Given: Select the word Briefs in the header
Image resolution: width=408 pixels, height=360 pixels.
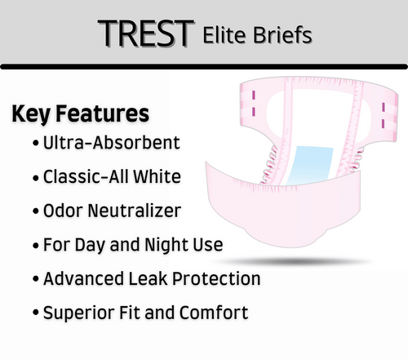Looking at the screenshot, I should coord(281,35).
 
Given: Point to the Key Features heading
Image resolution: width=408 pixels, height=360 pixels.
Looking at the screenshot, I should coord(80,113).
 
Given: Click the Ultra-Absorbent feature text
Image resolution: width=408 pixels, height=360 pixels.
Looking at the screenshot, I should coord(113,143).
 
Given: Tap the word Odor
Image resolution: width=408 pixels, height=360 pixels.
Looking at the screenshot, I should coord(64,211).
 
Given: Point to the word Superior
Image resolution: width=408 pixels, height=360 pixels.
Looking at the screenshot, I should coord(79,312).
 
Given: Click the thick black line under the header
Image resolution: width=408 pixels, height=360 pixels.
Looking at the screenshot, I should coord(204,66).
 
